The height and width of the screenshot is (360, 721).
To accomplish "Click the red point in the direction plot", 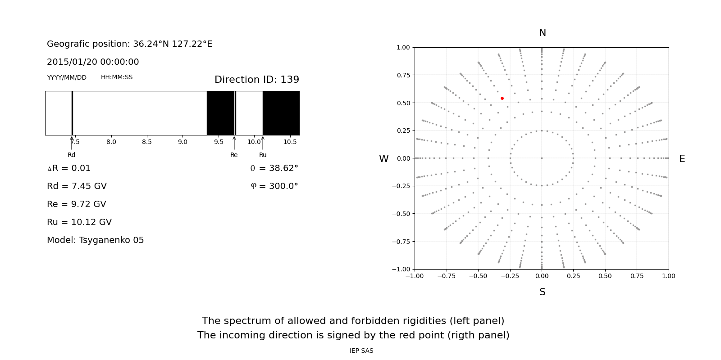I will tap(502, 98).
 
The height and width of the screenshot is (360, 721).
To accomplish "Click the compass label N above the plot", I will tap(543, 33).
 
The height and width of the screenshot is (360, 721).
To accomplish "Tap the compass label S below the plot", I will tap(543, 292).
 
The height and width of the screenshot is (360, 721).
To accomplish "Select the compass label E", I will tap(682, 159).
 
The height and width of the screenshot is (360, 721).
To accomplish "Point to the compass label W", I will tap(383, 159).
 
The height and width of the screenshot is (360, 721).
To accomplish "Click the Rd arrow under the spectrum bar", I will tap(72, 143).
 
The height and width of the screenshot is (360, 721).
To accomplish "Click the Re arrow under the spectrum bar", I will tap(234, 143).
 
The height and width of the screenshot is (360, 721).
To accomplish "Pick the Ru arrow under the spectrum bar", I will tap(263, 143).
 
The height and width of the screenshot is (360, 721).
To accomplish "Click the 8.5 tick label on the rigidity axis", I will tap(147, 142).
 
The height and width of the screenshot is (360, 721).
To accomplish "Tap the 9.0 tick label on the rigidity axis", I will tap(183, 142).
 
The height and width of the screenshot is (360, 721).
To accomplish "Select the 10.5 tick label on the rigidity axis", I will tap(290, 142).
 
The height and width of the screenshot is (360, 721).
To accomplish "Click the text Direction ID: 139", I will tap(256, 80).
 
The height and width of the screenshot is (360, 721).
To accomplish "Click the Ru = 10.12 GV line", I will tap(79, 222).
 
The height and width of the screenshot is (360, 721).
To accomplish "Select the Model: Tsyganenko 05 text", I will tap(96, 240).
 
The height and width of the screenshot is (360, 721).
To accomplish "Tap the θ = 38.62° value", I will tap(274, 168).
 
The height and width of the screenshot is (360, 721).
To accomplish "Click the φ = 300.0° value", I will tap(274, 186).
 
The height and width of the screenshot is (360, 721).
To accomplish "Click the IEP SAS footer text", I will tap(361, 351).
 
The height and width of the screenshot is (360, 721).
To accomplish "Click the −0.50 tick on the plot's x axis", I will tap(478, 276).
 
